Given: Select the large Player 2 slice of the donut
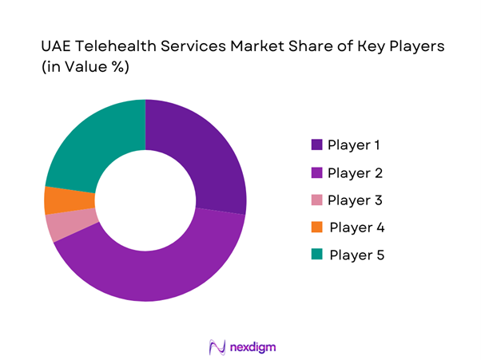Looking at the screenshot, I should coord(160,271).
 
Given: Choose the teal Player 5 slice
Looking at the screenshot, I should coord(88,140).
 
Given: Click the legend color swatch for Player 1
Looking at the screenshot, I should coord(317,145).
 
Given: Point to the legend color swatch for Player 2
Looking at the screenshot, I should coord(317,172).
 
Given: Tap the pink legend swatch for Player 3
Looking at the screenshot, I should coord(317,200).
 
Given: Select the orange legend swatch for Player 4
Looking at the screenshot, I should coord(317,227).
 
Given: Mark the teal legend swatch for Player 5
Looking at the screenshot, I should coord(317,255).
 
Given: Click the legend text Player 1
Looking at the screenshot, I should coord(354,145).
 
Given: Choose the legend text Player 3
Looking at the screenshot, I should coord(354,200).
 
